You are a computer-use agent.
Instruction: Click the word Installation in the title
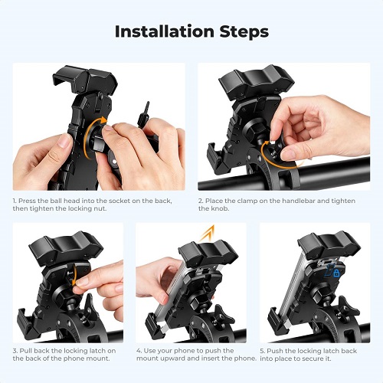(165, 31)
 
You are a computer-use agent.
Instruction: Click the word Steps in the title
(244, 31)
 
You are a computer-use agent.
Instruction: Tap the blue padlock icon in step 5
(336, 273)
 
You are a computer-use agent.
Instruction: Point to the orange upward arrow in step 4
(208, 234)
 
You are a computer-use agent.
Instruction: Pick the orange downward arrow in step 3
(74, 275)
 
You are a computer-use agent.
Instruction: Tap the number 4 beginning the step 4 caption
(139, 351)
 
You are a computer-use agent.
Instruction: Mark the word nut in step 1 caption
(100, 208)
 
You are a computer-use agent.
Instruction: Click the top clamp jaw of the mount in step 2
(257, 80)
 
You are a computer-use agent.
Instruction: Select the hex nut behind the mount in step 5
(321, 296)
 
